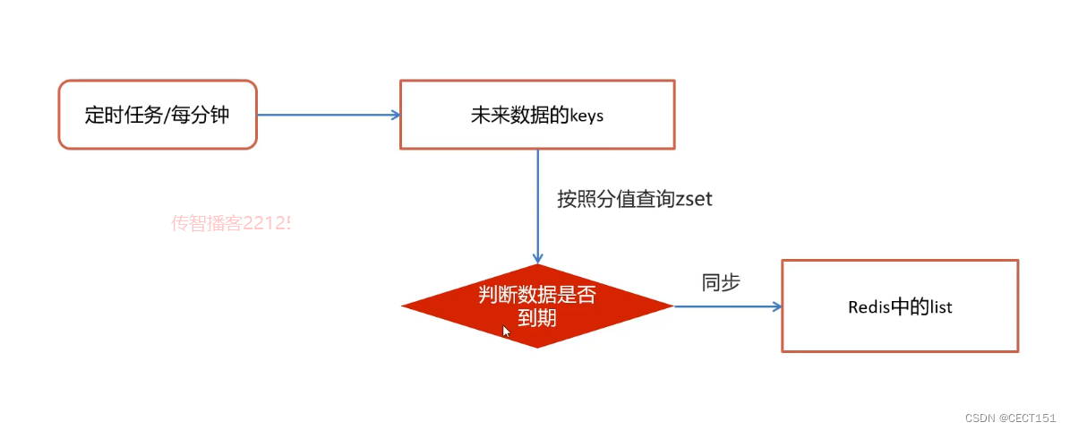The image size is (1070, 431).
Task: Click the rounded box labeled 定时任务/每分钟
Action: tap(158, 115)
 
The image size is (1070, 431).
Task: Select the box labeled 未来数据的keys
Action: tap(537, 115)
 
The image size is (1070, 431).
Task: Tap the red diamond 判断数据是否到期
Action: tap(537, 306)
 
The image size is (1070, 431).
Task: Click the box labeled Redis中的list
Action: tap(900, 306)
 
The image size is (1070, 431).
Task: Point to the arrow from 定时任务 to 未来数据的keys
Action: tap(327, 115)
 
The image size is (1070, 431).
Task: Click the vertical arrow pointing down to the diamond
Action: tap(537, 206)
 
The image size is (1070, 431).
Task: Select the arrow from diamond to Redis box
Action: tap(727, 306)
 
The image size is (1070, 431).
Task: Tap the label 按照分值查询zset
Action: tap(634, 199)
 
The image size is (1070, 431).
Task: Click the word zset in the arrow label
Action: tap(694, 199)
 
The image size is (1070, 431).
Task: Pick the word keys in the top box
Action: tap(586, 116)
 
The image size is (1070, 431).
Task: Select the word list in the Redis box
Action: tap(940, 307)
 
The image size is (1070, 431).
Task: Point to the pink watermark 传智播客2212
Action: tap(231, 223)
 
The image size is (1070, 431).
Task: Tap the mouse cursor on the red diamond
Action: tap(506, 331)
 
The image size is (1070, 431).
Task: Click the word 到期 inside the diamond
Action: tap(537, 316)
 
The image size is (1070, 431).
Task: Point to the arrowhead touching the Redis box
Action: tap(776, 306)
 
